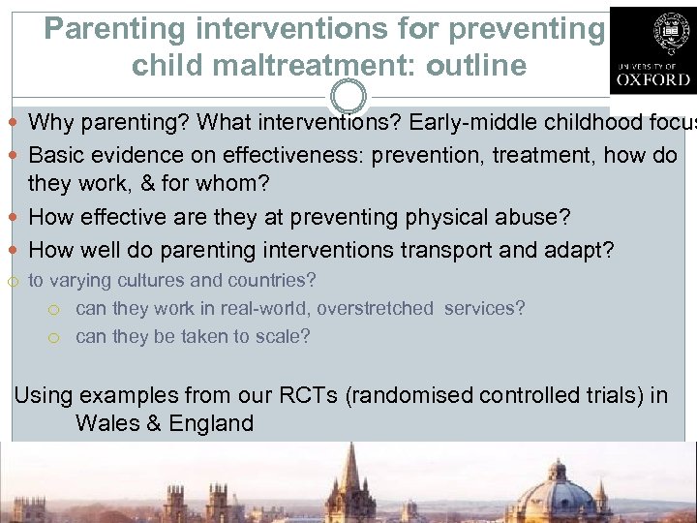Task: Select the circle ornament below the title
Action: coord(348,96)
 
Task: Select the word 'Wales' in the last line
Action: coord(106,423)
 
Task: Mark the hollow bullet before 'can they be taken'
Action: coord(55,337)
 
